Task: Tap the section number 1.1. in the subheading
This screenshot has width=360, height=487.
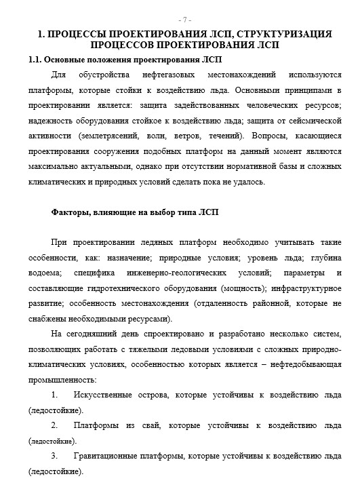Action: click(37, 60)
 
